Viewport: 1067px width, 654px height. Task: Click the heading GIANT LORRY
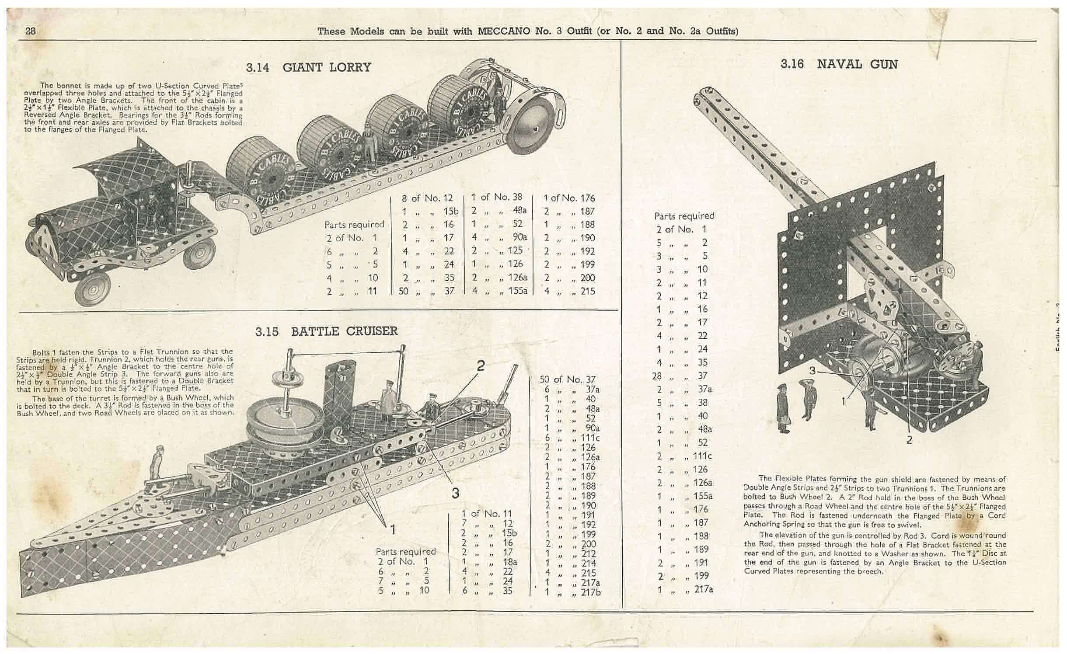327,67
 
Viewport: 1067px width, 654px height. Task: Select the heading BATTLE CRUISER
345,331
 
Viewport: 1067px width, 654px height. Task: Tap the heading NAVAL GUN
857,64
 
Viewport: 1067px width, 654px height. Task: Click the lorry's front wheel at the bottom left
93,289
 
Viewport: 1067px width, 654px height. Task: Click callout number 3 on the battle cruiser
455,493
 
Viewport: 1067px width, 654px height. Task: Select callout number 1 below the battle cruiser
392,529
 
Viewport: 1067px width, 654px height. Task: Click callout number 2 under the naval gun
909,440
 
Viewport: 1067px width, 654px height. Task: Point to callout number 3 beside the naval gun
812,371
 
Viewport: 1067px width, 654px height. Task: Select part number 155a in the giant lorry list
518,290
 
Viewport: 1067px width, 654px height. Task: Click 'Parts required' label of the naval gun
684,216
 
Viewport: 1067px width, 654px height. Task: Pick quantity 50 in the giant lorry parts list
403,291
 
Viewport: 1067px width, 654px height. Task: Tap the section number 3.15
267,331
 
